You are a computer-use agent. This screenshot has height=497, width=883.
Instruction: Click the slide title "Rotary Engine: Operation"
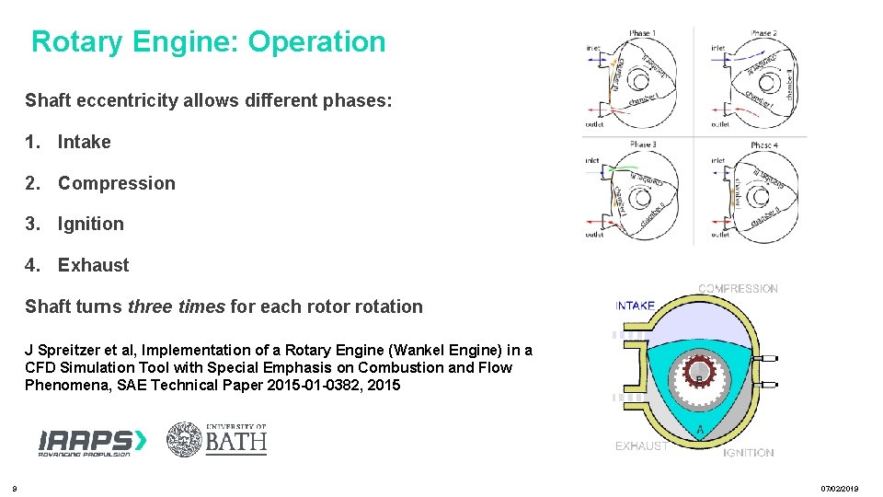(x=209, y=42)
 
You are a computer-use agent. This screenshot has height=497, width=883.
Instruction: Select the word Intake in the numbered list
(x=85, y=142)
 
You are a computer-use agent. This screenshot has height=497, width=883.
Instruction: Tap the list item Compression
(x=117, y=183)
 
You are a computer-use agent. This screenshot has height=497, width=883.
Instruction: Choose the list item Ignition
(x=91, y=224)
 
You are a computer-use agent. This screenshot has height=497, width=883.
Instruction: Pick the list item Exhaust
(x=94, y=265)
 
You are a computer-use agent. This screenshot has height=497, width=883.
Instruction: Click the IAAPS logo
(x=92, y=442)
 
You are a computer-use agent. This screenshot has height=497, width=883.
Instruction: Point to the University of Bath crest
(x=184, y=439)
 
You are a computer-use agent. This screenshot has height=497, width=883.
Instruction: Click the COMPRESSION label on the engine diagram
(x=738, y=288)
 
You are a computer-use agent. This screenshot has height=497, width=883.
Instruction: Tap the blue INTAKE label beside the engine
(x=635, y=306)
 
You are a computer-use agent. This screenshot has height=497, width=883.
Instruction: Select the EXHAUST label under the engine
(x=641, y=446)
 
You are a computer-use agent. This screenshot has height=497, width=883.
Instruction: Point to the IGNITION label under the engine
(x=748, y=452)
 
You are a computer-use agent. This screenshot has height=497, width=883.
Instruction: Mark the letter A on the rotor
(x=700, y=431)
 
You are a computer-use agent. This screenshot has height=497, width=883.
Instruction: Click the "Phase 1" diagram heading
(x=642, y=34)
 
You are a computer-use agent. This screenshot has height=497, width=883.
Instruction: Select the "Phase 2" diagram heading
(x=763, y=34)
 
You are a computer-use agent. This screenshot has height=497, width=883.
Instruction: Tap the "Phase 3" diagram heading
(x=642, y=144)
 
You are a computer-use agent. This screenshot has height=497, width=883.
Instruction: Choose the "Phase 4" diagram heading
(x=763, y=145)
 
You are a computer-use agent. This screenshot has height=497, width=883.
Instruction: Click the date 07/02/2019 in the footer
(x=840, y=489)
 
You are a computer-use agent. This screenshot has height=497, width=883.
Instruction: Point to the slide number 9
(x=14, y=488)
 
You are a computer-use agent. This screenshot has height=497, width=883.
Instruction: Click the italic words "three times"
(x=177, y=306)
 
